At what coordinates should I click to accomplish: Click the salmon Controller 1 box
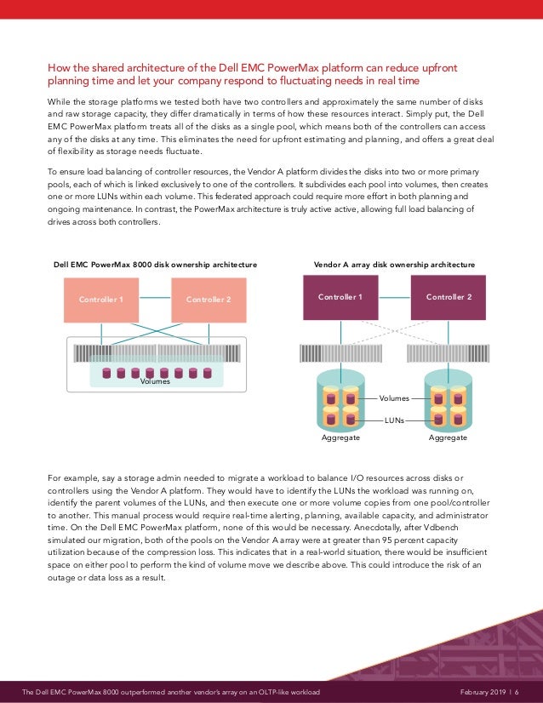[101, 300]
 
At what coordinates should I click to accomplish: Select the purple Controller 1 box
[340, 298]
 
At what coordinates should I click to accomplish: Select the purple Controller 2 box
[449, 298]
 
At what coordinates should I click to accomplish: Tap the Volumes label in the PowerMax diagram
[156, 382]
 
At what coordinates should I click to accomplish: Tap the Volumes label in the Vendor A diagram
[394, 397]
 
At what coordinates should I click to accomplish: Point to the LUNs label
[394, 420]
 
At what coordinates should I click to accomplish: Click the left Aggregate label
[340, 437]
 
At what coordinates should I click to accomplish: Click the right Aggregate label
[449, 437]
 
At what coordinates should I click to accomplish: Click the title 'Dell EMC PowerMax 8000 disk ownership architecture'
[156, 265]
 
